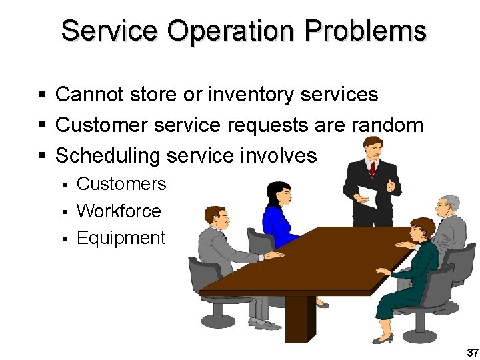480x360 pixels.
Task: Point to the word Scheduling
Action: (108, 156)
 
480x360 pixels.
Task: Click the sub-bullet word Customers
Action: (121, 184)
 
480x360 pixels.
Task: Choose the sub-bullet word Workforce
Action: (119, 211)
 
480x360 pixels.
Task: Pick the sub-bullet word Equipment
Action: (121, 238)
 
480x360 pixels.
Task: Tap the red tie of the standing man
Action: (372, 169)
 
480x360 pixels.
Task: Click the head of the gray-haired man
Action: (451, 206)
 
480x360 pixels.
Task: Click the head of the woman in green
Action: (421, 230)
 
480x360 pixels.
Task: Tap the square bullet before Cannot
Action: (42, 95)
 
